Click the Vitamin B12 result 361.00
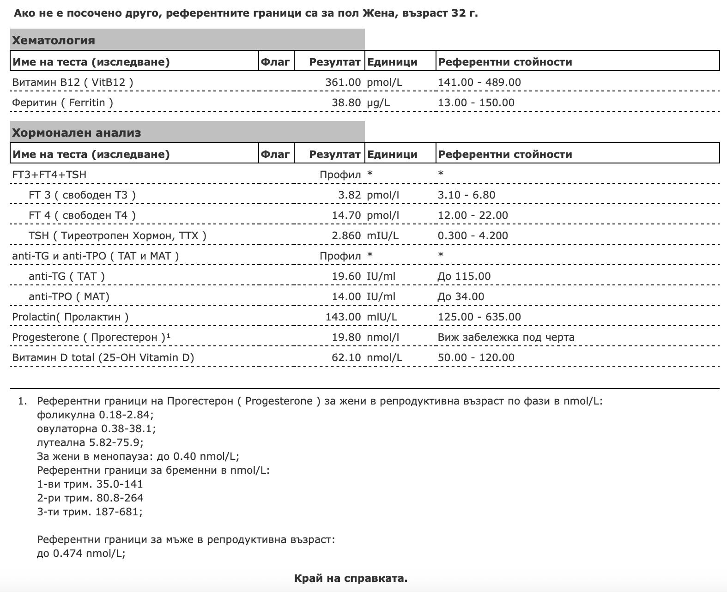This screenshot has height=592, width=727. tap(343, 82)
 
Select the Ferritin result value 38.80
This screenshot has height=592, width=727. tap(346, 103)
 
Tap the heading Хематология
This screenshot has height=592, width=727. tap(54, 41)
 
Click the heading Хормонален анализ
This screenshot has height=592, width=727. tap(77, 133)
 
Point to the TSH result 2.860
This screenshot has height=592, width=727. tap(346, 236)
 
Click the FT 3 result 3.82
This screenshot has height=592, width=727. tap(349, 195)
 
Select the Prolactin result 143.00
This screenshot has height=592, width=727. tap(343, 317)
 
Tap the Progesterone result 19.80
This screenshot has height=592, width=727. tap(346, 337)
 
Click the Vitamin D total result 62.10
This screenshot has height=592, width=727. tap(346, 357)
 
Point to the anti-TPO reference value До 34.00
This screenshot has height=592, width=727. tap(460, 296)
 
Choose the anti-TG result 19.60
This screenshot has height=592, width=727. tap(346, 276)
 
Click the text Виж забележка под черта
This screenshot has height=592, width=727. tap(506, 337)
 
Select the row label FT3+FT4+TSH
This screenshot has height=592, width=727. tap(49, 175)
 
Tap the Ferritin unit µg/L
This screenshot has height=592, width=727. tap(378, 103)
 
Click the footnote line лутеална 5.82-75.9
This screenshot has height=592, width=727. tap(90, 442)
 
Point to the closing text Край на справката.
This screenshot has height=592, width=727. tap(351, 578)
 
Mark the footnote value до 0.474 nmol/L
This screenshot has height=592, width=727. tap(81, 553)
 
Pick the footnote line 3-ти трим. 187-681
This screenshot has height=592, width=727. tap(90, 512)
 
